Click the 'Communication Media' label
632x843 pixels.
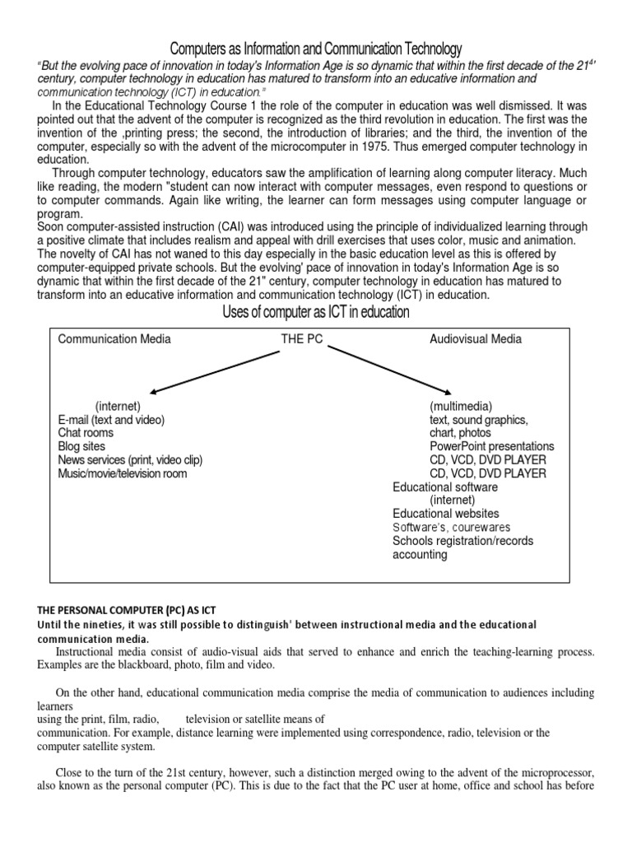[114, 339]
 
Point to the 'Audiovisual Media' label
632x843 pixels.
[476, 339]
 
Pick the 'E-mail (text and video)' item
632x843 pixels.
[111, 420]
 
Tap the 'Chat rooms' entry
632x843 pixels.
[86, 433]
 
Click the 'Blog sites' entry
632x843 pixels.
[82, 446]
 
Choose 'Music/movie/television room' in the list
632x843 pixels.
[122, 473]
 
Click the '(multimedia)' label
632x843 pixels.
[460, 407]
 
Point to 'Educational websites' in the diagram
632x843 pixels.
[445, 513]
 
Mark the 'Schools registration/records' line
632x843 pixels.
[462, 541]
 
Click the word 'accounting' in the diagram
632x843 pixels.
[420, 554]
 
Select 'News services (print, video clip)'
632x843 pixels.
[130, 459]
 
